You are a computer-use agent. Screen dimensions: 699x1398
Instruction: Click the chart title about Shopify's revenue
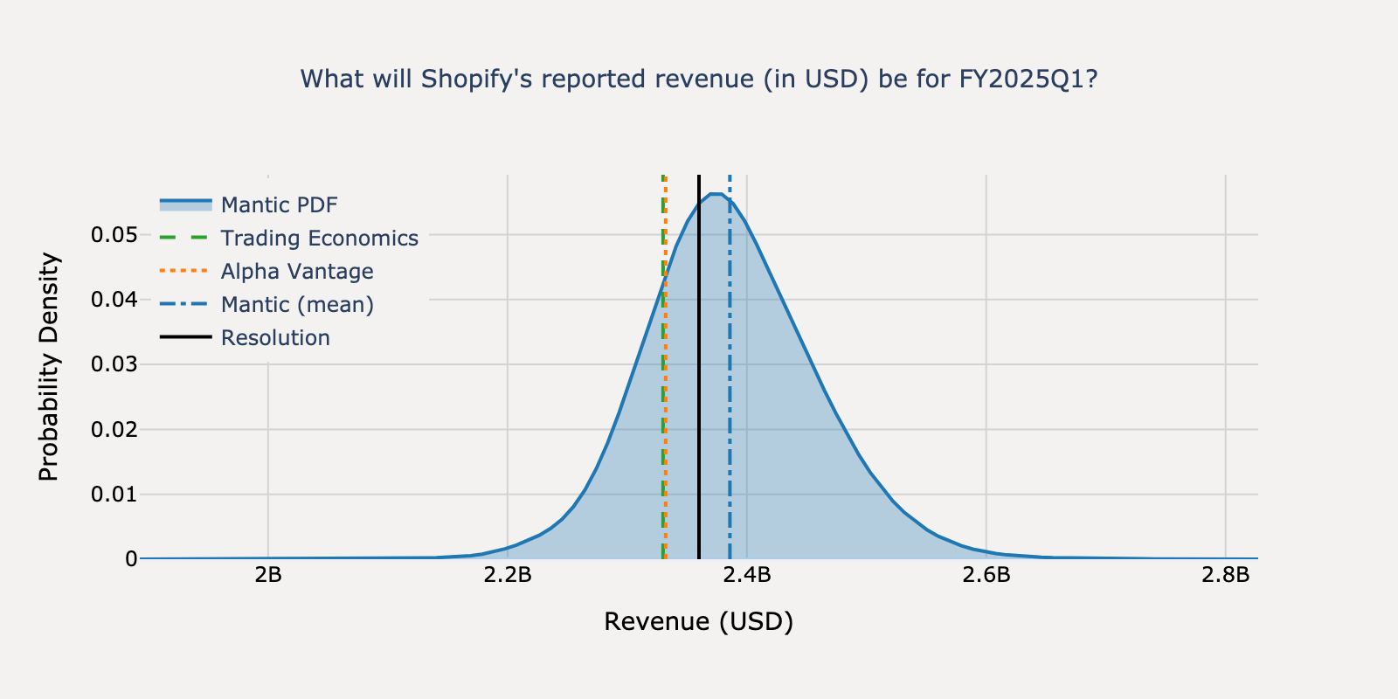698,80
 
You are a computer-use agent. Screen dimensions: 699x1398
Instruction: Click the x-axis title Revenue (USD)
698,621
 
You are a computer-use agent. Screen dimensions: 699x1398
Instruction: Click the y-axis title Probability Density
50,367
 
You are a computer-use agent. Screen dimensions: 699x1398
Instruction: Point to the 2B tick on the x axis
267,575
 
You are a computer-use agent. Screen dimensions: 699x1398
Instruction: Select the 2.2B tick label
508,575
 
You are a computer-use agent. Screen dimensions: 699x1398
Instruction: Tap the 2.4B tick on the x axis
747,575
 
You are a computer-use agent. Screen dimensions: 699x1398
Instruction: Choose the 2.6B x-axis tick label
986,575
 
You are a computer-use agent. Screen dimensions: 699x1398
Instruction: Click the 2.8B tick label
1226,575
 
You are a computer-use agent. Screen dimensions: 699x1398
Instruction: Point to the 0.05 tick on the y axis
114,235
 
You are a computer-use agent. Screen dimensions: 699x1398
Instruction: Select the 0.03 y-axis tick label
114,364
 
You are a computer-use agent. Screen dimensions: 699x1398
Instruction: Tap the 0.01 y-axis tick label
114,495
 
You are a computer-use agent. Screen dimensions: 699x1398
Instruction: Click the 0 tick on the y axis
131,559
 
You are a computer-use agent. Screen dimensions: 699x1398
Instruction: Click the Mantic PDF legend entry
279,205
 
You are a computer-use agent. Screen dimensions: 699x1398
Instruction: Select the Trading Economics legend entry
319,239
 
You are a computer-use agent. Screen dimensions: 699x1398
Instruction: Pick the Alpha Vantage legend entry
297,272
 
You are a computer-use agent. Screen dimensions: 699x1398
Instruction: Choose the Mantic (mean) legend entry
297,305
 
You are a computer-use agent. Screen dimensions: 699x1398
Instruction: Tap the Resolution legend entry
275,338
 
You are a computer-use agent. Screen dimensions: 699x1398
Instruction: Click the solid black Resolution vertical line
699,393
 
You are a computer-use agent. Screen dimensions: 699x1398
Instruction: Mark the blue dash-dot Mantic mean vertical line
730,393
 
